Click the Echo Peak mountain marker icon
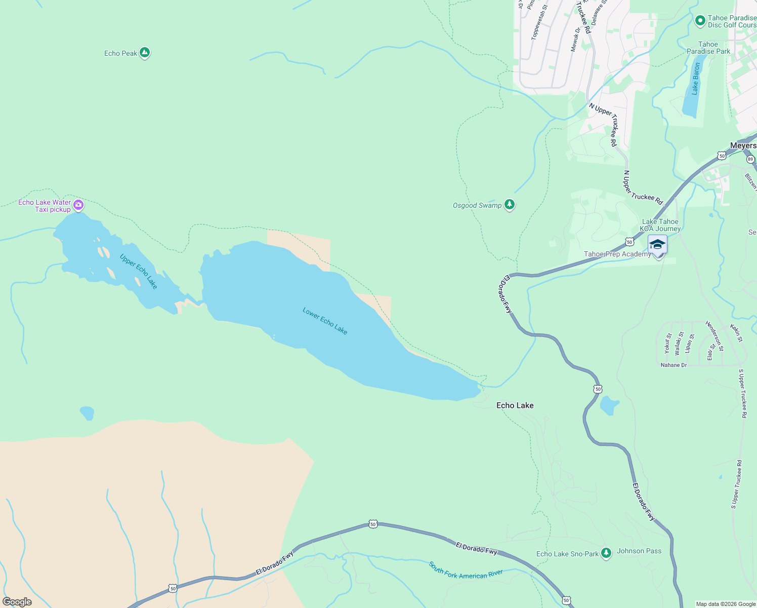pyautogui.click(x=145, y=52)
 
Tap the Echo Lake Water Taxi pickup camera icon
pyautogui.click(x=78, y=205)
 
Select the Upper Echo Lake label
pyautogui.click(x=139, y=272)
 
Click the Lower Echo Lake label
pyautogui.click(x=325, y=321)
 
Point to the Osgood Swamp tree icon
pyautogui.click(x=510, y=205)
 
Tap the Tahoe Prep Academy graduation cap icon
pyautogui.click(x=657, y=245)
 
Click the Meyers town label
pyautogui.click(x=743, y=145)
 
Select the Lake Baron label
pyautogui.click(x=696, y=79)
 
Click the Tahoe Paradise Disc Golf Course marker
pyautogui.click(x=700, y=21)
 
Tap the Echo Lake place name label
pyautogui.click(x=515, y=405)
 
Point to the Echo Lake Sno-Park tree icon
pyautogui.click(x=606, y=553)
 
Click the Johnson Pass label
pyautogui.click(x=639, y=551)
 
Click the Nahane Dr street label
pyautogui.click(x=674, y=365)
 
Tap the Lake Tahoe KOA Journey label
pyautogui.click(x=660, y=225)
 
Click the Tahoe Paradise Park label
pyautogui.click(x=708, y=48)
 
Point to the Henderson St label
pyautogui.click(x=714, y=335)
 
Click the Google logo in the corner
pyautogui.click(x=17, y=602)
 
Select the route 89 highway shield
pyautogui.click(x=750, y=159)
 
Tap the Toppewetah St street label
pyautogui.click(x=539, y=23)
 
